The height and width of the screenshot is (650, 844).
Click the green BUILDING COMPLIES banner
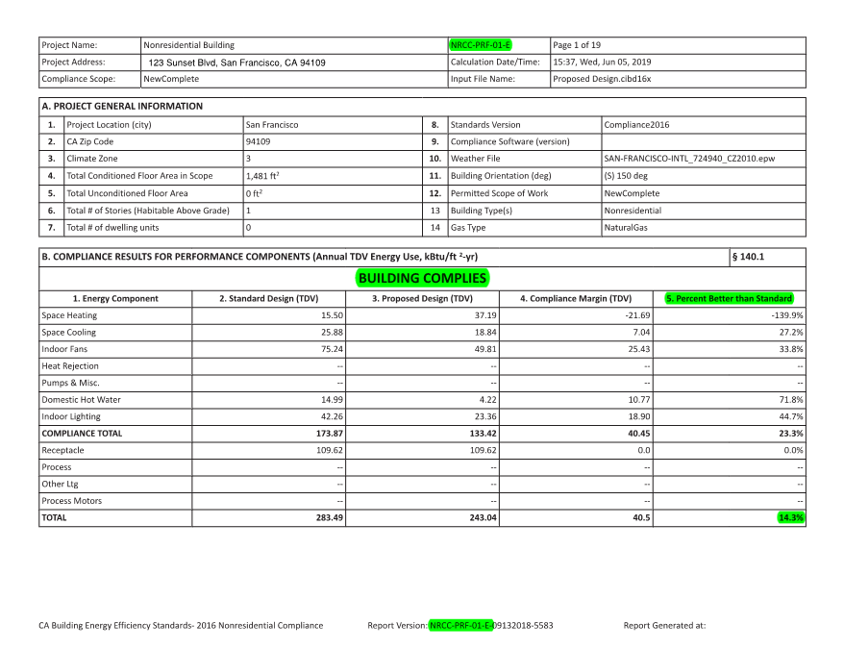click(422, 279)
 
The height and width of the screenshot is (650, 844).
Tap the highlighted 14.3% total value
click(791, 517)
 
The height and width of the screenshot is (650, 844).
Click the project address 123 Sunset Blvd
click(236, 62)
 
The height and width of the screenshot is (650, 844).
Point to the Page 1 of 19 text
click(577, 45)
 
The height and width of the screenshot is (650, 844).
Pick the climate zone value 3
click(248, 159)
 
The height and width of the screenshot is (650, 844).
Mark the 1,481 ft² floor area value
click(262, 176)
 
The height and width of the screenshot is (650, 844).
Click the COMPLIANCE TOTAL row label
click(83, 434)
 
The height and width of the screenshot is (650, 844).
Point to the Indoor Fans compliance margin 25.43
click(637, 349)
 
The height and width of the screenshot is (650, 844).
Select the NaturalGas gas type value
click(626, 228)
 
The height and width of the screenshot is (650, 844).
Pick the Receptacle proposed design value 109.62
click(478, 450)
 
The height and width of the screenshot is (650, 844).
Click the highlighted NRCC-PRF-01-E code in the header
click(481, 45)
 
